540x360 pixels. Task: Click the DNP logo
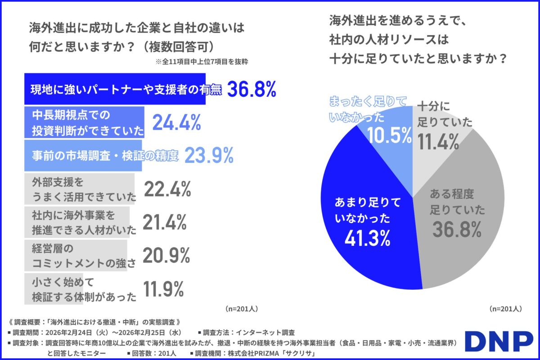click(499, 342)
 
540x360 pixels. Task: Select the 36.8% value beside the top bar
click(251, 90)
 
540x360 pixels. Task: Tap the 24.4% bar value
click(176, 122)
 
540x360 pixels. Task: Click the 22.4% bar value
click(167, 190)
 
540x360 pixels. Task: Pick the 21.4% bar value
click(164, 222)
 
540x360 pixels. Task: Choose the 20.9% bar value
click(166, 256)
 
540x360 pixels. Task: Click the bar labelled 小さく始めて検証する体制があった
click(80, 290)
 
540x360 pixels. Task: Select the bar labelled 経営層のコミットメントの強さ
click(76, 256)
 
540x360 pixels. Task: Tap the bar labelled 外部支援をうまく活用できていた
click(79, 190)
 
